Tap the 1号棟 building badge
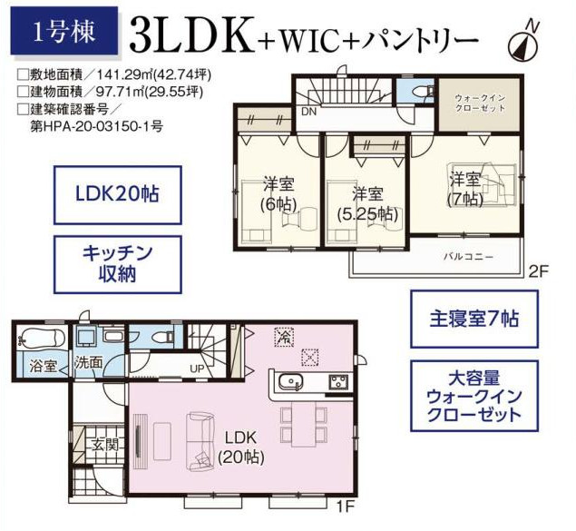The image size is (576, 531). click(63, 32)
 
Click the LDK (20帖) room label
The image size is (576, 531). click(241, 447)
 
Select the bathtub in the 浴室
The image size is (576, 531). click(41, 338)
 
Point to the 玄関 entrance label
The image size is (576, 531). click(105, 446)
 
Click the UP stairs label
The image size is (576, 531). click(197, 369)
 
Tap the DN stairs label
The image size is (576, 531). click(308, 112)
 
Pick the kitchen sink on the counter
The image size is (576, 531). click(290, 382)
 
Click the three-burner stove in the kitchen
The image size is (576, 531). click(338, 382)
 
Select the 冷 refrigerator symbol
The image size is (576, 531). click(284, 336)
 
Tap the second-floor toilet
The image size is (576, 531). click(424, 91)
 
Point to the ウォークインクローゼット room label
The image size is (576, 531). click(480, 103)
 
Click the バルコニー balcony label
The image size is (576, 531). click(468, 257)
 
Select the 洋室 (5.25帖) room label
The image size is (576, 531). click(367, 204)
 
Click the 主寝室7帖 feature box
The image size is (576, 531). click(474, 319)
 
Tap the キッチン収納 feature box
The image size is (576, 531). click(118, 264)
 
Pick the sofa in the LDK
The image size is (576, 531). click(201, 441)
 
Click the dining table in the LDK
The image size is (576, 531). click(304, 424)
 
